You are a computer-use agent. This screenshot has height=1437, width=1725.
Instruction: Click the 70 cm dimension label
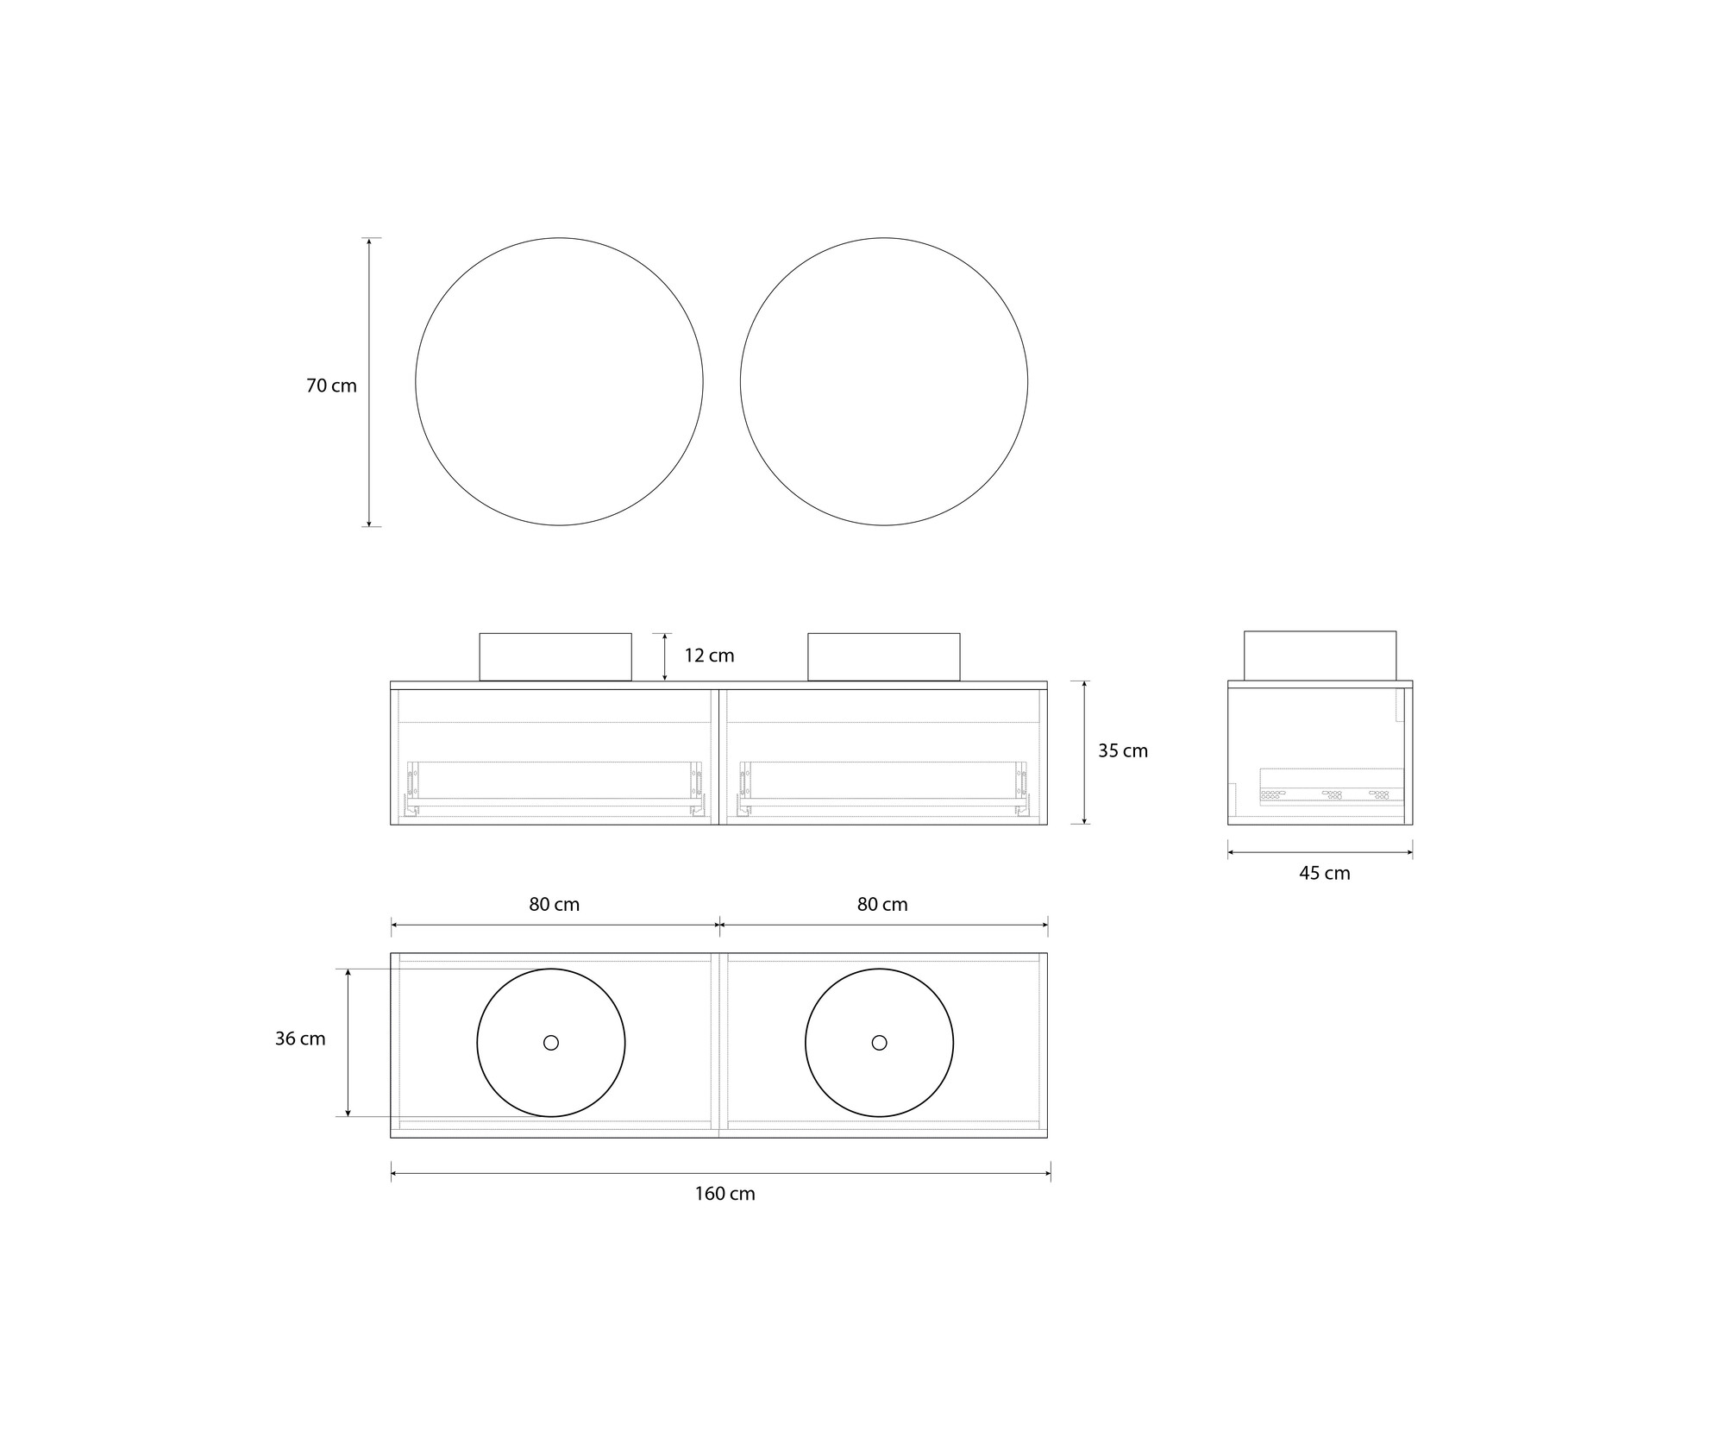point(331,386)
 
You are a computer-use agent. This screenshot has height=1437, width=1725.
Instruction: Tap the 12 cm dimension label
point(709,656)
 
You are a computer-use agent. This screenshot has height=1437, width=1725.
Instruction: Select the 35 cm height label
point(1123,751)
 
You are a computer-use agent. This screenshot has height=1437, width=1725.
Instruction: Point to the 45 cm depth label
point(1325,874)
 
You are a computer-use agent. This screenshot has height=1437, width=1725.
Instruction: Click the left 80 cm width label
point(555,905)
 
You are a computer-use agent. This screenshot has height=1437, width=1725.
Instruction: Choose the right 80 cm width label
point(882,905)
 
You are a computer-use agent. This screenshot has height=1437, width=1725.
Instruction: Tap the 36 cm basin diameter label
point(300,1039)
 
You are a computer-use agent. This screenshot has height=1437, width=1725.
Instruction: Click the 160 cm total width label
point(725,1194)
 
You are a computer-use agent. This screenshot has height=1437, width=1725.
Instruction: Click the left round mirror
point(416,381)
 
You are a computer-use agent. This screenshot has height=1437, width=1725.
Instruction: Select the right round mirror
point(740,381)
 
